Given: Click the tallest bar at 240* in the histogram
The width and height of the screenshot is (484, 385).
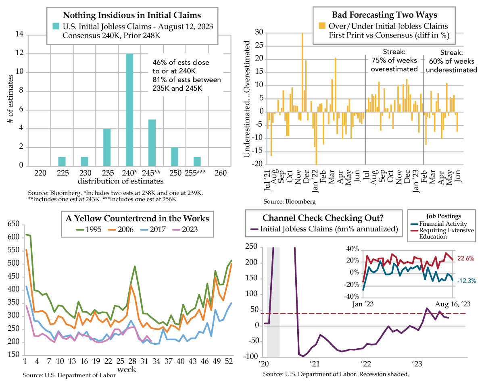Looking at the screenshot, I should (x=129, y=110).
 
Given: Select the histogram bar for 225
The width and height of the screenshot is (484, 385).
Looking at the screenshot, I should (x=62, y=161).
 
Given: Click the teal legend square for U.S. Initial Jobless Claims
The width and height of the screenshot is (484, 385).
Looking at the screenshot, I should (x=56, y=26).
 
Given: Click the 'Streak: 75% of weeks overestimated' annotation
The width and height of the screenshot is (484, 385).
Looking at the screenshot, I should (x=393, y=60).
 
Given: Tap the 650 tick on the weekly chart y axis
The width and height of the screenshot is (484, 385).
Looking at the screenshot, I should (x=13, y=224).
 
